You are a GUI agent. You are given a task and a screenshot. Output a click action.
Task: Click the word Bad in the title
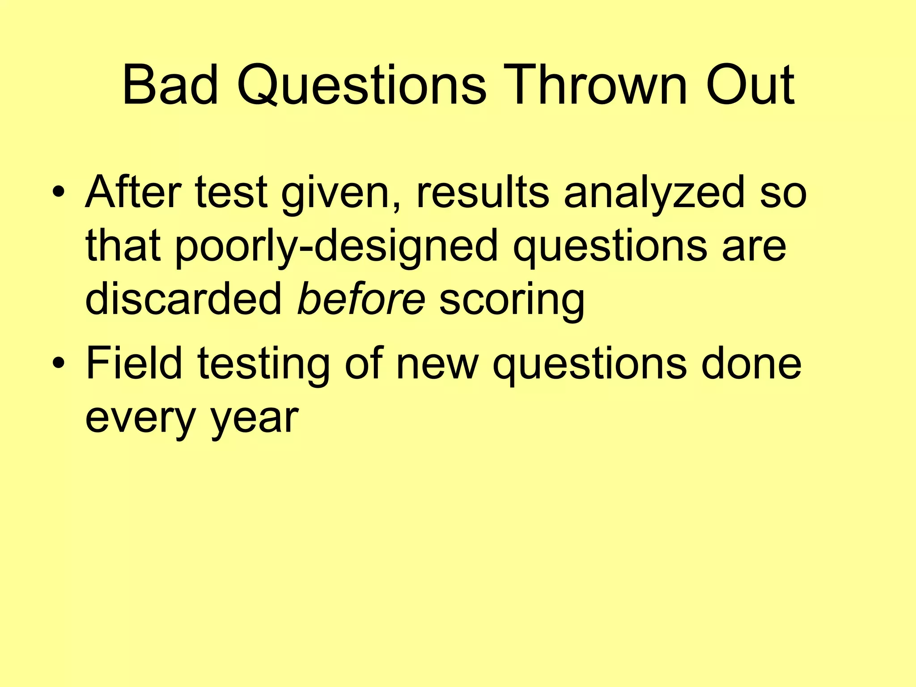[170, 85]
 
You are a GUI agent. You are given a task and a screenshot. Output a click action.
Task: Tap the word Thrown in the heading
[597, 85]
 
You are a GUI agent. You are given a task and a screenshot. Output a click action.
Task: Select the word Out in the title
[750, 85]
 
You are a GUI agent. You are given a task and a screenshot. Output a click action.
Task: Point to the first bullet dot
[59, 193]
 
